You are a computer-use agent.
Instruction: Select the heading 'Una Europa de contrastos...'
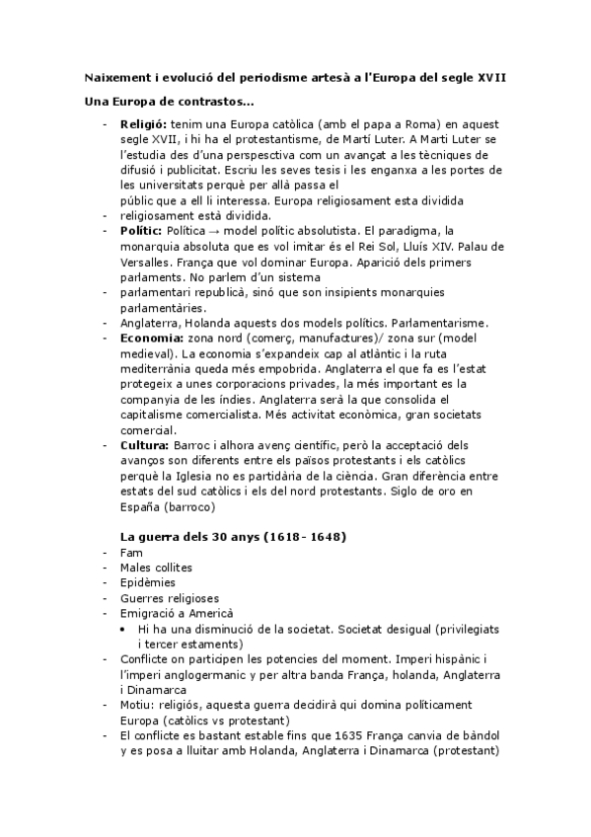pos(170,102)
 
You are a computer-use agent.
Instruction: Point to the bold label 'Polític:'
pos(142,229)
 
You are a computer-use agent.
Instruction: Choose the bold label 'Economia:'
pos(150,339)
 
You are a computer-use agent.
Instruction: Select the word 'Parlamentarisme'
pos(448,323)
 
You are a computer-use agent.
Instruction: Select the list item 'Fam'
pos(130,552)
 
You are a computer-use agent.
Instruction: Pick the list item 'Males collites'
pos(156,568)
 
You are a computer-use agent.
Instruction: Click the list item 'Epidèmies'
pos(146,582)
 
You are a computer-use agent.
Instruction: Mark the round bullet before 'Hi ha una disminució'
pos(120,629)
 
